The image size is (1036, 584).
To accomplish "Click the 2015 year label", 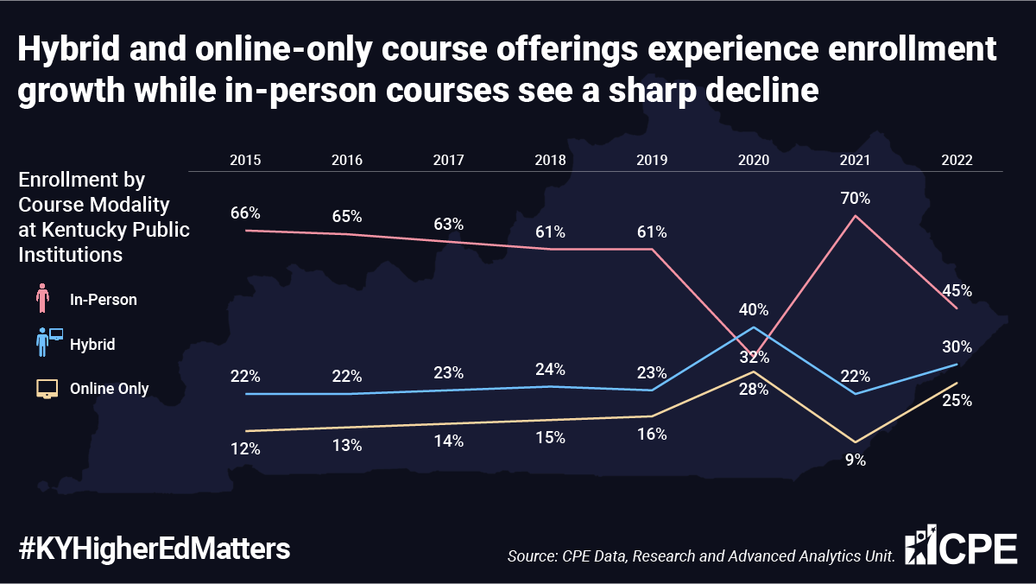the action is point(245,160).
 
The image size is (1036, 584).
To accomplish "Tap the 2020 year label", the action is point(754,160).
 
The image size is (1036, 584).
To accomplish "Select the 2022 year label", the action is point(957,160).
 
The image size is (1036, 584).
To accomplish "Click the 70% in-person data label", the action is point(856,198).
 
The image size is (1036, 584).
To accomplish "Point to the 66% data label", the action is point(245,213).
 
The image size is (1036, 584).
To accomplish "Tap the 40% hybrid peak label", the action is point(754,309).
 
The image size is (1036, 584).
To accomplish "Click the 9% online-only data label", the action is point(856,460).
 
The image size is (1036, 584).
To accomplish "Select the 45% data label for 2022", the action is point(957,290).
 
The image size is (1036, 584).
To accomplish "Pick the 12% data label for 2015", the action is point(245,448).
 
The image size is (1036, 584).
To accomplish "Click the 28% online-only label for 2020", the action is point(754,389).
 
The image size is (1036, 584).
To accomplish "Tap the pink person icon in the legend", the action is point(42,298).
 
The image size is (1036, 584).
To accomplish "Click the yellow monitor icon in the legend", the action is point(47,389).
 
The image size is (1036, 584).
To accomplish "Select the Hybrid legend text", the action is point(92,345).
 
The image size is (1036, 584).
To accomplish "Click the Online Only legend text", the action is point(109,388).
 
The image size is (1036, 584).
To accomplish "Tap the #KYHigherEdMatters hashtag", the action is point(154,549).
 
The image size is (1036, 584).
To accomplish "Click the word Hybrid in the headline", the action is point(69,49).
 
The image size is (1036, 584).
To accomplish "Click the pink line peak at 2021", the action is point(856,216).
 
